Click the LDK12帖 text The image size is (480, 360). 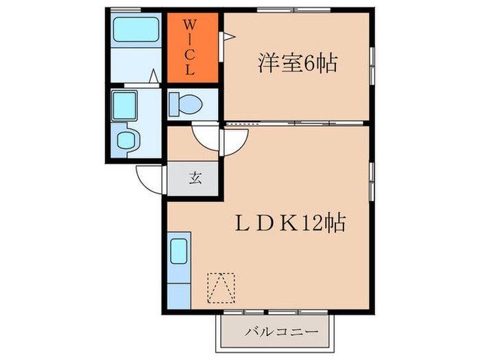[x=290, y=224]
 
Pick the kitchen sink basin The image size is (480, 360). [x=179, y=250]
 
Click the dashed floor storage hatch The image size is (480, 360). [x=221, y=288]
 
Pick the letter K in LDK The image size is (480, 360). [x=289, y=224]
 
